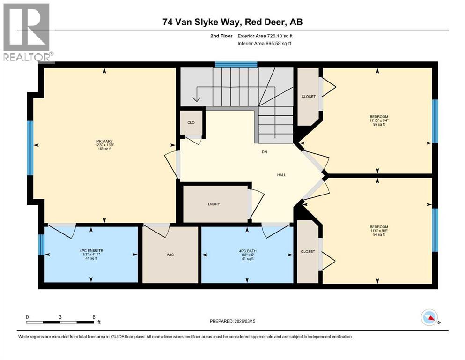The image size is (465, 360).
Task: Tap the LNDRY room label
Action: coord(214,204)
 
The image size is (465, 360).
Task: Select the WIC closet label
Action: coord(170,255)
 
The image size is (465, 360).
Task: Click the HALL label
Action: coord(281,175)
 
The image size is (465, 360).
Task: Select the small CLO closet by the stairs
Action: coord(191,122)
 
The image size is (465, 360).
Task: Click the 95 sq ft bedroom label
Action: coord(378,120)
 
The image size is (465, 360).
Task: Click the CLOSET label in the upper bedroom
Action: coord(308,97)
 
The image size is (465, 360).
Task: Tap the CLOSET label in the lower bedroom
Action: coord(308,252)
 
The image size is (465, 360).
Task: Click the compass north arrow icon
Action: coord(429,318)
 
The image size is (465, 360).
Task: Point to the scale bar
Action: coord(61,322)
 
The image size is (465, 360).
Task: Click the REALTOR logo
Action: coord(27,32)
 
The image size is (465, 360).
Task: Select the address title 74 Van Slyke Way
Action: coord(232,22)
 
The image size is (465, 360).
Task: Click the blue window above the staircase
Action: coord(236,65)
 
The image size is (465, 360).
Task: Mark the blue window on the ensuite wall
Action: coord(41,245)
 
